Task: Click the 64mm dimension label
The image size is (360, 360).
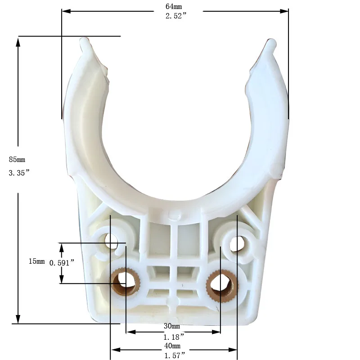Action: point(174,6)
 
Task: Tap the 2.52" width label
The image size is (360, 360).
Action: point(175,16)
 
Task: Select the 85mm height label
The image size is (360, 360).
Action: point(17,159)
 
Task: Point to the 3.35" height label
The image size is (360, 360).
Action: point(19,173)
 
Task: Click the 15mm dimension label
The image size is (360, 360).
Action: point(36,261)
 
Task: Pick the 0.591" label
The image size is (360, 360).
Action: point(61,263)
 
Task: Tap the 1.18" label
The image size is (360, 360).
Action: point(173,336)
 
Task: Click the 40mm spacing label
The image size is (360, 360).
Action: point(171,346)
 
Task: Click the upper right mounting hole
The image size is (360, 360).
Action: point(236,243)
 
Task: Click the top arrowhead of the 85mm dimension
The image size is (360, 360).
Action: point(18,42)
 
